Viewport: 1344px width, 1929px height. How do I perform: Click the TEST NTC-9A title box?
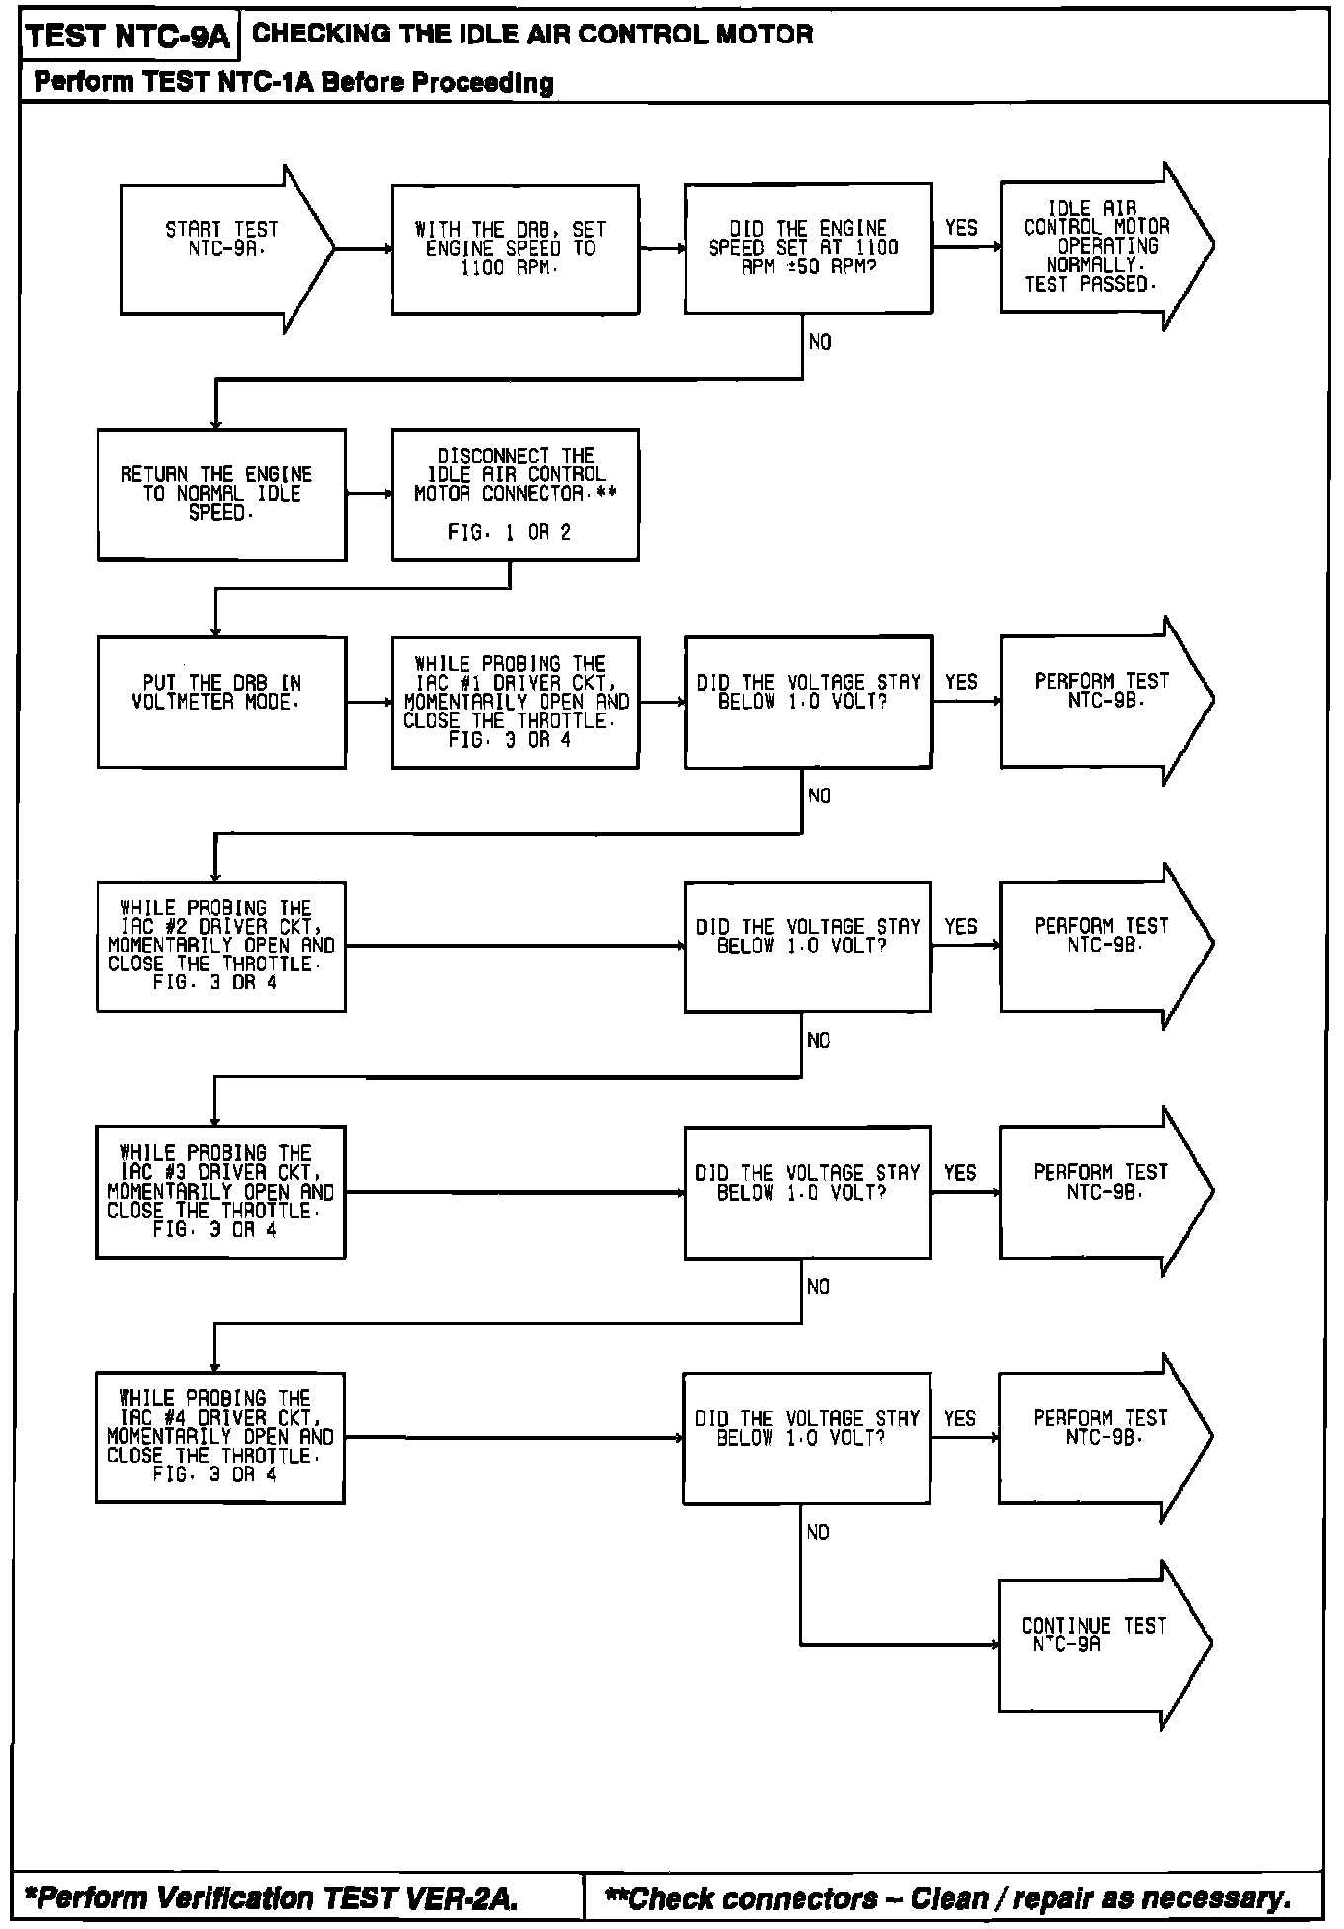point(127,38)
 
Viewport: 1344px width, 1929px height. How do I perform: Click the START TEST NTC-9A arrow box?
point(222,247)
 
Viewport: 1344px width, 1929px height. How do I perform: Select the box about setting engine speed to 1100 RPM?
point(515,249)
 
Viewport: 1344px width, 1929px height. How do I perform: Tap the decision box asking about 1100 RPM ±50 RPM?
point(807,248)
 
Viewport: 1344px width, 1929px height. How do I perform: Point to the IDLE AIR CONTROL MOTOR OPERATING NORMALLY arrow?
point(1097,247)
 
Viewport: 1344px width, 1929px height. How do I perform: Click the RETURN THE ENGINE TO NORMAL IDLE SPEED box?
point(221,494)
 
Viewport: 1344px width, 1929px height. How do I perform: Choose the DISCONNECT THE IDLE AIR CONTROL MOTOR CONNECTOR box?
point(515,494)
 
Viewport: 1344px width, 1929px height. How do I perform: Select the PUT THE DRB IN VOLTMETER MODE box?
point(221,702)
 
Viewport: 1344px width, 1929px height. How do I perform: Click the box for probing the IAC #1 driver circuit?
point(515,702)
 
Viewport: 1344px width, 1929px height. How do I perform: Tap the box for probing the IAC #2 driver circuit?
point(221,946)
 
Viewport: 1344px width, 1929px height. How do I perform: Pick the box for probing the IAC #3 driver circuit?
point(220,1192)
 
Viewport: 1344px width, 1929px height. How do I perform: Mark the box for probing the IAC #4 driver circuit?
point(220,1437)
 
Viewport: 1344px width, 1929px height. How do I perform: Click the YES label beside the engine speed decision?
point(961,228)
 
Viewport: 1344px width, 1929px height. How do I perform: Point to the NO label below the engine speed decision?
point(820,342)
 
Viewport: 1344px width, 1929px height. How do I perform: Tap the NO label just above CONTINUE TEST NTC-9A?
point(818,1532)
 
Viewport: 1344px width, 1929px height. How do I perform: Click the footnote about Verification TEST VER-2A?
point(271,1897)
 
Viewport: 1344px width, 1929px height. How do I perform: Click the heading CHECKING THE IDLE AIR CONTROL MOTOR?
point(534,35)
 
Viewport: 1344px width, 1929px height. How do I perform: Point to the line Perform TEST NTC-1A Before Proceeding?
point(294,82)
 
